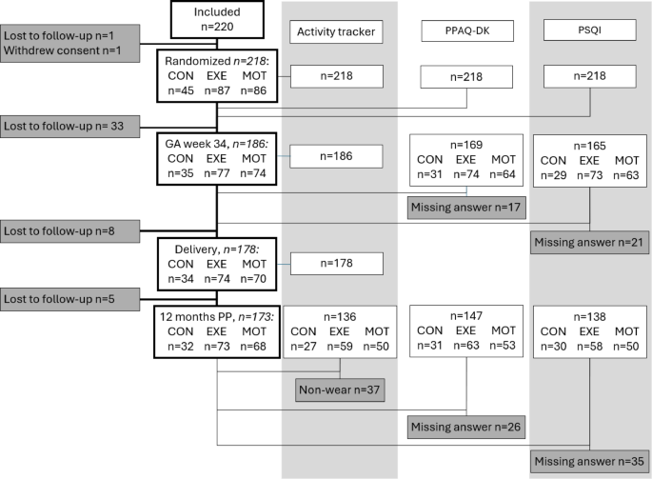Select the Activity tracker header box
click(336, 32)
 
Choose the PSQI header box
click(588, 32)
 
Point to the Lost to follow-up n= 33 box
click(71, 125)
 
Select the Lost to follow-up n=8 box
click(71, 229)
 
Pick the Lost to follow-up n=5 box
click(71, 297)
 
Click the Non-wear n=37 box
click(340, 389)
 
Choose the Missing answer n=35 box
click(588, 461)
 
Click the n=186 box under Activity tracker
click(336, 156)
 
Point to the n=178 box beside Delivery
click(336, 263)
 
